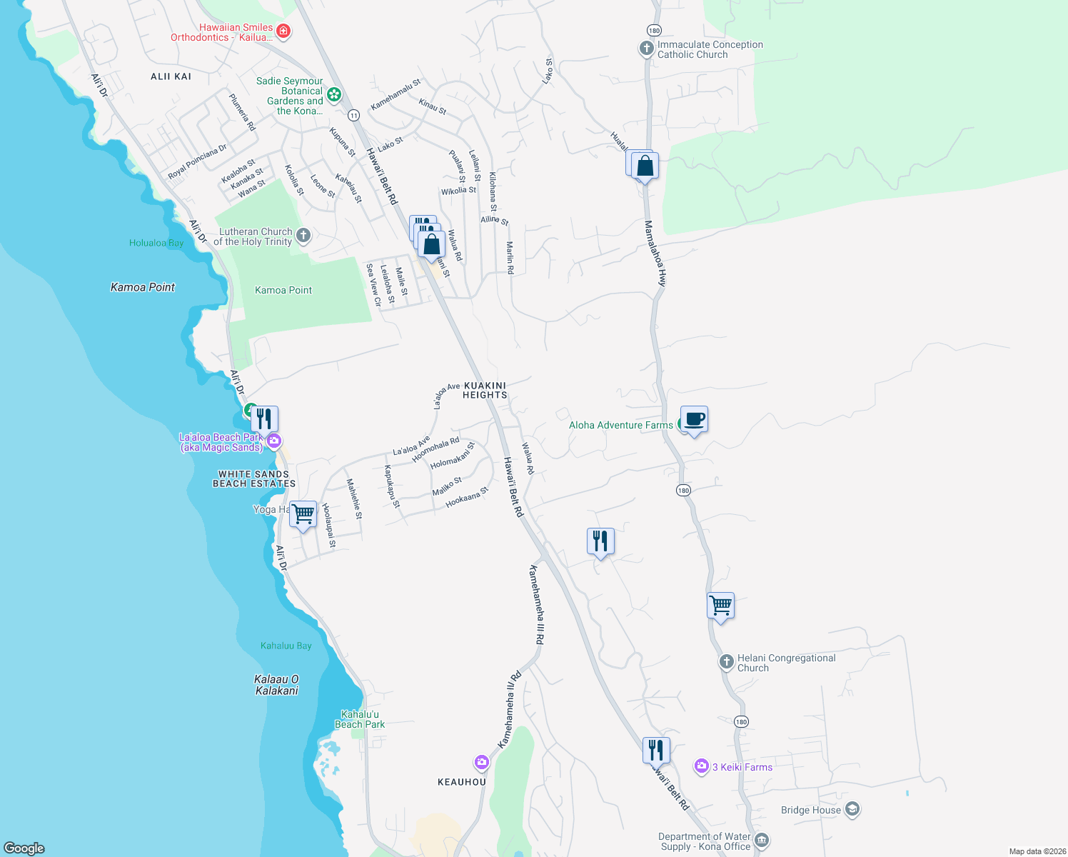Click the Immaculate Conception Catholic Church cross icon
(x=646, y=49)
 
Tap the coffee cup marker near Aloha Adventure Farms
(x=694, y=420)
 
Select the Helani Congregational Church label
(x=786, y=663)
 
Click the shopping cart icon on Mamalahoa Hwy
(x=721, y=606)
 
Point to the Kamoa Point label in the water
(x=143, y=287)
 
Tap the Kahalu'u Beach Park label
(x=360, y=719)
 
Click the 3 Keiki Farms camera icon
(x=701, y=766)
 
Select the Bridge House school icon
(x=852, y=809)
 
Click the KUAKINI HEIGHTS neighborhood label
(x=485, y=390)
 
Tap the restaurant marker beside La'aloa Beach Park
(x=264, y=419)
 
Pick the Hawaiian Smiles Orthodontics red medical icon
(x=283, y=31)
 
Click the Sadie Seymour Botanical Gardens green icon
(x=333, y=94)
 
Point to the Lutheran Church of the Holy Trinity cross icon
(x=303, y=236)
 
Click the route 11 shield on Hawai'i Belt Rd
(x=353, y=115)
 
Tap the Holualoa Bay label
(x=156, y=243)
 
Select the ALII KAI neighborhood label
(x=171, y=76)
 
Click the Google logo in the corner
(x=24, y=848)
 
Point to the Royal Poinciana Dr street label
(x=197, y=162)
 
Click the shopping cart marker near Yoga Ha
(x=303, y=513)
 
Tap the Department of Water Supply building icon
(x=762, y=840)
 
